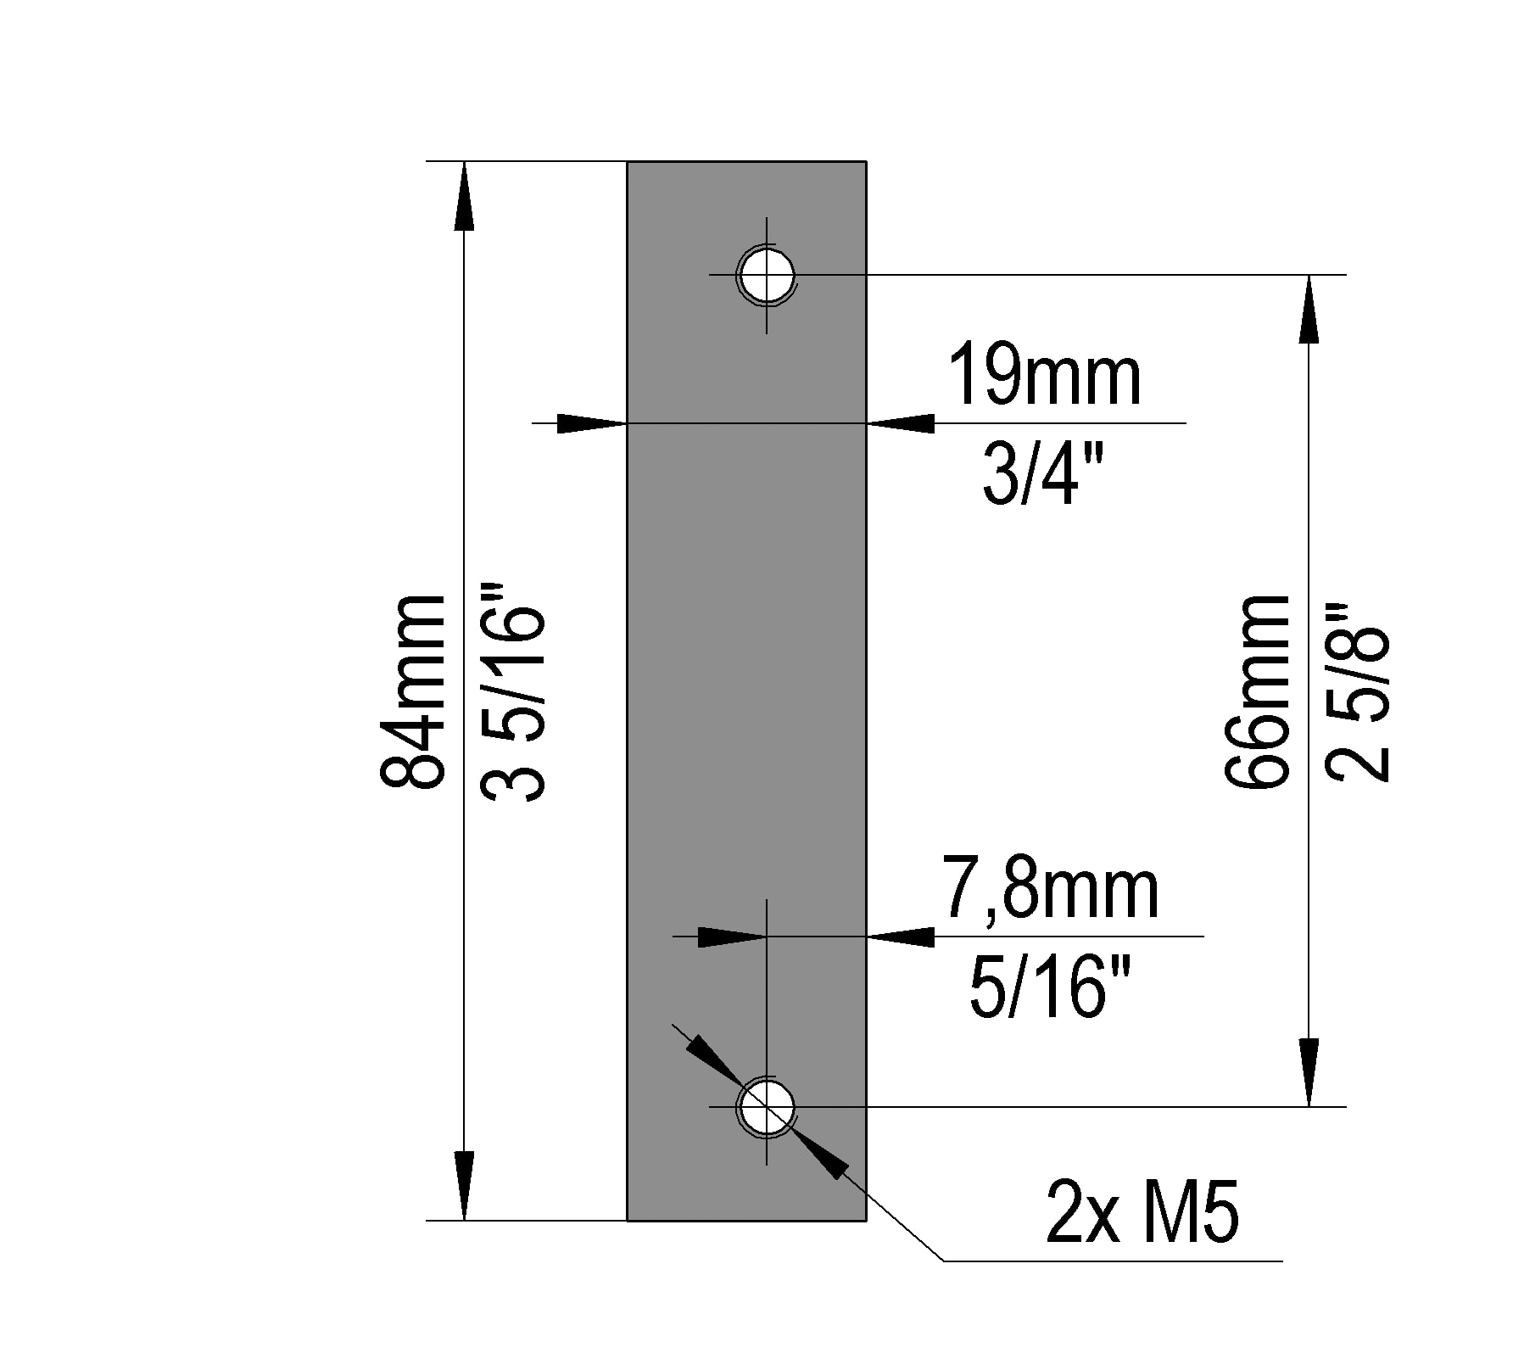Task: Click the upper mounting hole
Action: [767, 275]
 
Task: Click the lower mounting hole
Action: [767, 1107]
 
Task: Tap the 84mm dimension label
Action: [413, 691]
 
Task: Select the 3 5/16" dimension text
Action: [512, 691]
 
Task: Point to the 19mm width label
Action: [1045, 374]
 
